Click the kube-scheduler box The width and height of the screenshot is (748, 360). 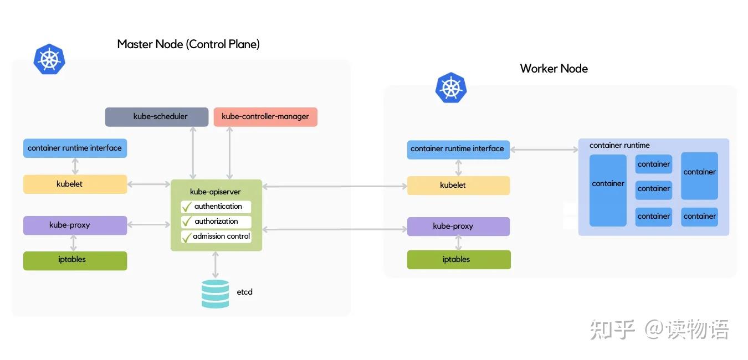(157, 117)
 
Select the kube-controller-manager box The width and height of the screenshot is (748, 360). (265, 117)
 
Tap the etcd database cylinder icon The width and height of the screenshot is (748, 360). (215, 294)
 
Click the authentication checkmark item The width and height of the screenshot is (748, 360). (216, 207)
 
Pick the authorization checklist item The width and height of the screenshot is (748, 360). (216, 222)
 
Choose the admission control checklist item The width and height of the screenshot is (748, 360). (216, 236)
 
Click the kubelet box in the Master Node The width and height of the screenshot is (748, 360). (75, 184)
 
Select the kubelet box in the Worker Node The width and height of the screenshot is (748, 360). (458, 186)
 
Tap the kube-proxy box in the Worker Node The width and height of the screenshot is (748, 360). (458, 227)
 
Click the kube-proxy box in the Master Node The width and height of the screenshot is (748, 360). (75, 225)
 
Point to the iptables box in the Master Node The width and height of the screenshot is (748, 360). (75, 260)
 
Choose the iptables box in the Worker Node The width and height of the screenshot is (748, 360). (458, 260)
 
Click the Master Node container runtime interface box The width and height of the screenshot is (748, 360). (75, 148)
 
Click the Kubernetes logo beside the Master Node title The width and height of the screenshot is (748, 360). (49, 59)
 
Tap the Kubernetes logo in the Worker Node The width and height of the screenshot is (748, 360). (451, 88)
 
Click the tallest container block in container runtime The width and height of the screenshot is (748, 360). (608, 190)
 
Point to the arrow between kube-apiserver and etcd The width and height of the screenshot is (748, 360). (215, 264)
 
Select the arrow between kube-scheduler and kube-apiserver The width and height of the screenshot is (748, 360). (193, 152)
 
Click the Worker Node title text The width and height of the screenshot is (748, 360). (554, 69)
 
